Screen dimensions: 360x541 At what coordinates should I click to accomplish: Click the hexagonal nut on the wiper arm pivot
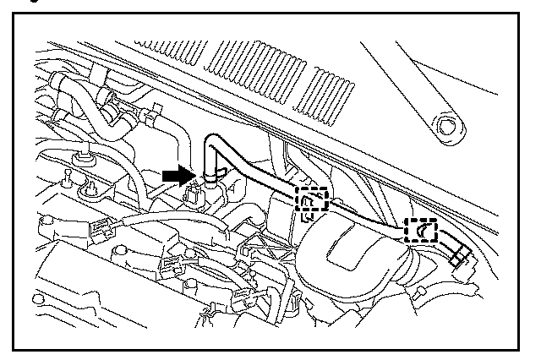(x=445, y=128)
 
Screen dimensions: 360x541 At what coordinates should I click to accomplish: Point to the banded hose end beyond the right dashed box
(x=460, y=252)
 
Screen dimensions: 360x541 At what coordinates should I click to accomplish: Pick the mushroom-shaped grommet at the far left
(x=83, y=157)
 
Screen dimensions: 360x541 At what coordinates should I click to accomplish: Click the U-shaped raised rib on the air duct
(x=347, y=245)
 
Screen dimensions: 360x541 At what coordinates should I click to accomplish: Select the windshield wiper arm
(x=414, y=93)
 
